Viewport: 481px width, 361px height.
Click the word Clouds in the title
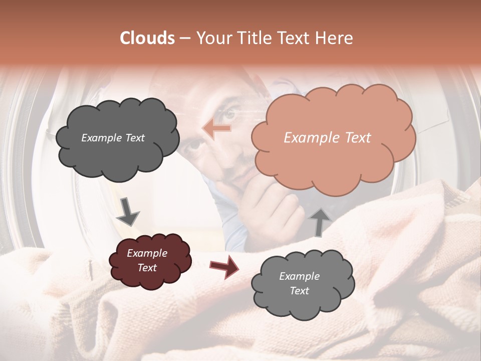(148, 38)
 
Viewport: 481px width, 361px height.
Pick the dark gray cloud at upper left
(117, 137)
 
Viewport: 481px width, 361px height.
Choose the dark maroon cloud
(149, 261)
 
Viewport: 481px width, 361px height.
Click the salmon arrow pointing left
(216, 129)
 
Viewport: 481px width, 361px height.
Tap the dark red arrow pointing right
(224, 266)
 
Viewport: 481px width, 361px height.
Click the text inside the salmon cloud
(327, 138)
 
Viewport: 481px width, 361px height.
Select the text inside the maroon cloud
(147, 260)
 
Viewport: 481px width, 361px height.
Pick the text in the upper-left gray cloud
(113, 138)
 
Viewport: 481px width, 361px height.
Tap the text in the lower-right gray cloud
(299, 283)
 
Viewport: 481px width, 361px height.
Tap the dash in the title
(184, 39)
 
